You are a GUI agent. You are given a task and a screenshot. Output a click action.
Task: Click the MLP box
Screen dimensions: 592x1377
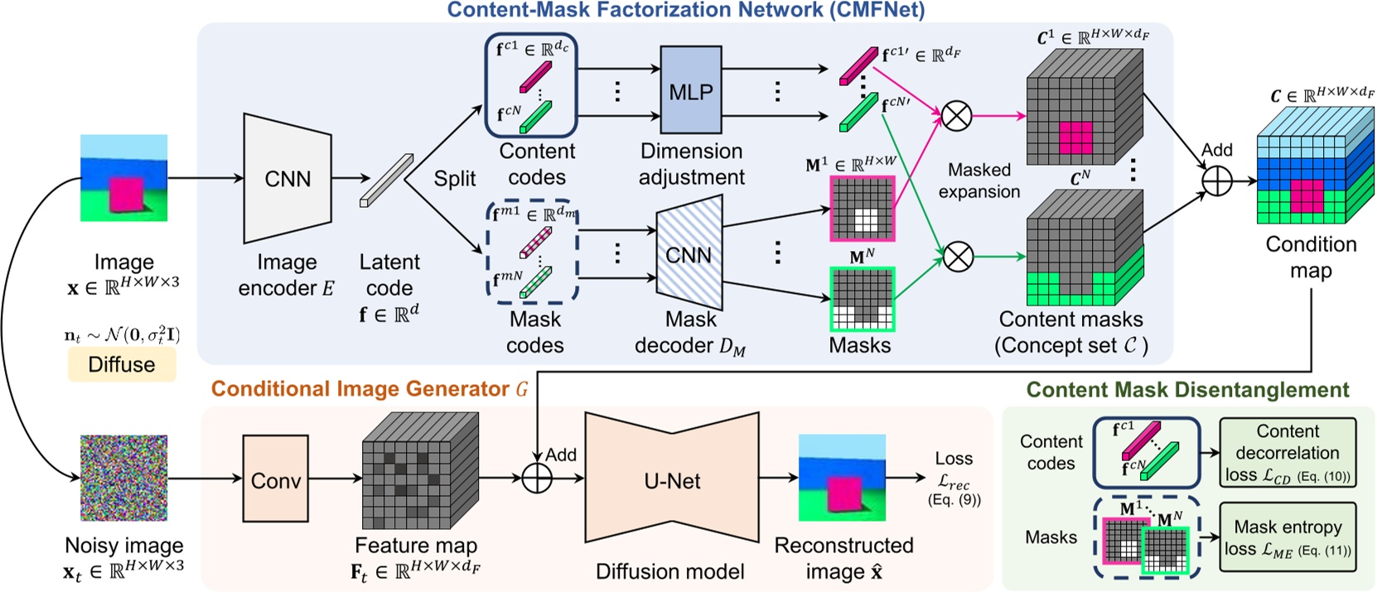coord(691,91)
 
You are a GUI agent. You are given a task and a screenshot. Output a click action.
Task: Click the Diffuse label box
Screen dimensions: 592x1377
coord(122,364)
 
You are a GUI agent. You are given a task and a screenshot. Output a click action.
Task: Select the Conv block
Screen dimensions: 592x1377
coord(275,480)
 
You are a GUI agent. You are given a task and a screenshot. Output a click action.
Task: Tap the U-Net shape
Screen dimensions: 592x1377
coord(672,480)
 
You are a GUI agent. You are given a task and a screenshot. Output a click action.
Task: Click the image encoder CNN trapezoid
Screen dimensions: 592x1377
coord(287,179)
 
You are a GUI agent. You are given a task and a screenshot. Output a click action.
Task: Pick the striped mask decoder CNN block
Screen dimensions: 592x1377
coord(689,254)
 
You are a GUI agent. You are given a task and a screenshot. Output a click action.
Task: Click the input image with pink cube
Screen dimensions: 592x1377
coord(123,178)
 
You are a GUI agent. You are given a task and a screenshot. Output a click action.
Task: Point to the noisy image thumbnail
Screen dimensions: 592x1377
coord(123,478)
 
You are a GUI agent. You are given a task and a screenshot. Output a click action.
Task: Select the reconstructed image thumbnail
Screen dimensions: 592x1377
coord(841,478)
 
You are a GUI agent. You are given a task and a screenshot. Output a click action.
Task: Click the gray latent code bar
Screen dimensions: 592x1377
coord(386,180)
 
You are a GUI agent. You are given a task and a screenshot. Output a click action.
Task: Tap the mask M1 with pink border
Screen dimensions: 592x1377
coord(862,208)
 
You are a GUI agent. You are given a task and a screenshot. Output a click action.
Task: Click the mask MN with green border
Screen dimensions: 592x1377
coord(862,298)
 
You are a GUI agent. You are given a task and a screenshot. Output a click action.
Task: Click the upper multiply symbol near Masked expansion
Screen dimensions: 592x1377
coord(957,116)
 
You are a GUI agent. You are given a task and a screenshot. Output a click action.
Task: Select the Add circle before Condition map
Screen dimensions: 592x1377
coord(1216,181)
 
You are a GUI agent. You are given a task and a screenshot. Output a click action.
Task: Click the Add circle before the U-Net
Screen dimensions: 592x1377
coord(537,478)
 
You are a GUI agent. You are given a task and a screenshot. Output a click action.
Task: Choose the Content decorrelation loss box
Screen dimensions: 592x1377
coord(1287,453)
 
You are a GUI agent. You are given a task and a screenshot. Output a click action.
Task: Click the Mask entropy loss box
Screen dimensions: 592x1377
coord(1287,537)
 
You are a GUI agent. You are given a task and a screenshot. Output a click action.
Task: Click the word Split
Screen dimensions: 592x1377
coord(455,179)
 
